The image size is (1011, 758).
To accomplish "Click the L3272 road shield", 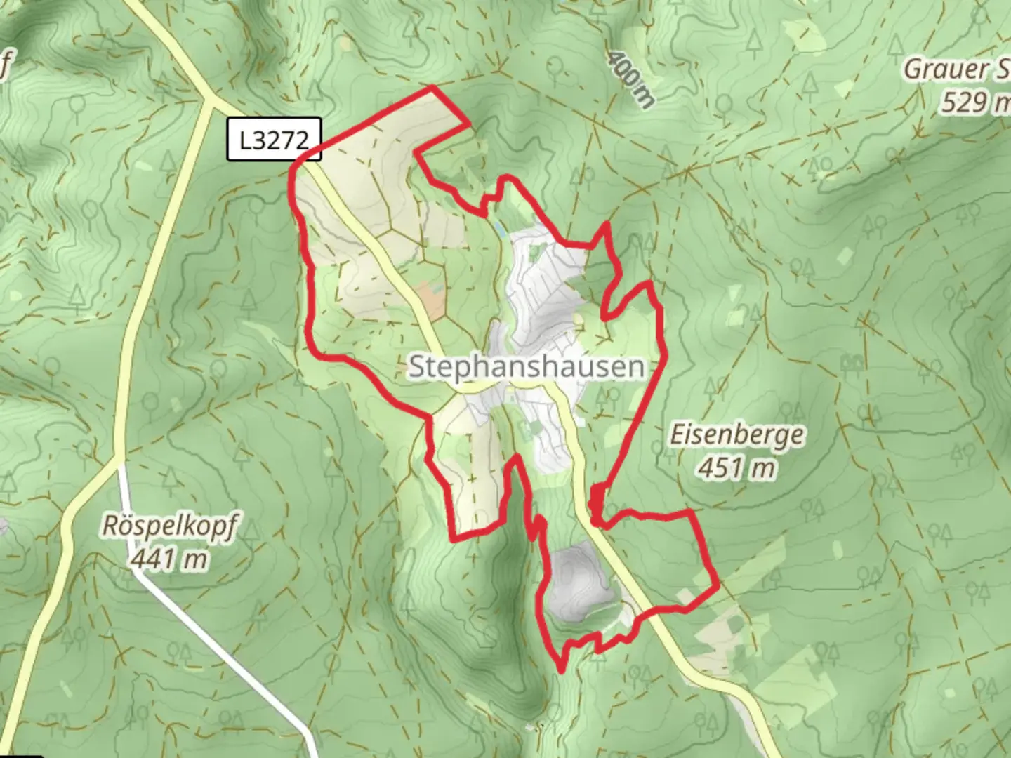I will (x=274, y=140).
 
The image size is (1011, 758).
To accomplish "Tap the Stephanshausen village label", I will (x=526, y=366).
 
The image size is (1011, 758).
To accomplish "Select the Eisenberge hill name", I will (x=736, y=434).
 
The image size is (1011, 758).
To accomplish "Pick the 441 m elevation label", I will (x=169, y=559).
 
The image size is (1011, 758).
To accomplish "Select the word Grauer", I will (x=936, y=69).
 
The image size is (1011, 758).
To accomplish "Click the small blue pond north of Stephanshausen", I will (x=498, y=229).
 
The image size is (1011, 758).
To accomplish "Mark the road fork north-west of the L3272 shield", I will (x=209, y=99).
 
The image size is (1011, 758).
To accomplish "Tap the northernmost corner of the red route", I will (x=432, y=88).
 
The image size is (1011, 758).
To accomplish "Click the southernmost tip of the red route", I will (x=562, y=671).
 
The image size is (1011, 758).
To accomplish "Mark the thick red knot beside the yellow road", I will (x=596, y=502).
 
